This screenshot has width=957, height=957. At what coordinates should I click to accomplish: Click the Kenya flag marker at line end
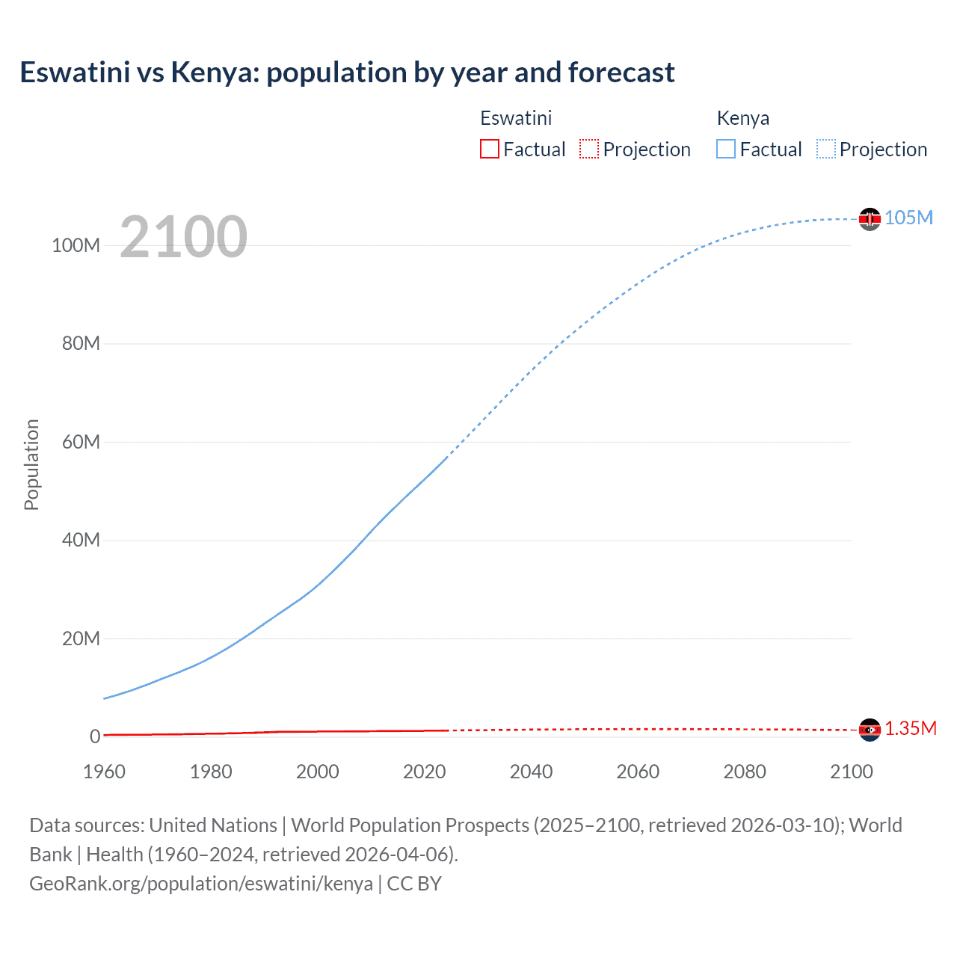click(x=870, y=218)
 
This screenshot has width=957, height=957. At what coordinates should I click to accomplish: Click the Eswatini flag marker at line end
click(x=870, y=730)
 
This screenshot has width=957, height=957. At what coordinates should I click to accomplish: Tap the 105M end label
click(x=908, y=218)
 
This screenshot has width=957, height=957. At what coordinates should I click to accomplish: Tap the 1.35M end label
click(x=911, y=729)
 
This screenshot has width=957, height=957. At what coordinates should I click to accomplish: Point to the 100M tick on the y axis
click(x=76, y=245)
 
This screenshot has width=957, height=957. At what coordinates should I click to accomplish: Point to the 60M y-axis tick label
click(x=81, y=442)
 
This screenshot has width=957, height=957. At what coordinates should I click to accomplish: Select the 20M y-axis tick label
click(x=81, y=638)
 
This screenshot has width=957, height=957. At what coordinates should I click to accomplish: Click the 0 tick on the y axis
click(x=95, y=736)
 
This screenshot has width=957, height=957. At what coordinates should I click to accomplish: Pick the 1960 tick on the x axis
click(x=104, y=772)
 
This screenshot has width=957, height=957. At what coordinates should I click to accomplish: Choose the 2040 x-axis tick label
click(x=531, y=772)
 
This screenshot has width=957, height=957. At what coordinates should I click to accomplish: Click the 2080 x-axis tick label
click(x=745, y=772)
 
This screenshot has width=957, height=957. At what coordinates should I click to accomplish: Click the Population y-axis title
click(x=31, y=465)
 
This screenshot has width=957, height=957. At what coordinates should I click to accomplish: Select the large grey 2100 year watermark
click(x=183, y=237)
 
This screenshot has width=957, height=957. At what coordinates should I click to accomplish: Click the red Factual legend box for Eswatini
click(x=490, y=149)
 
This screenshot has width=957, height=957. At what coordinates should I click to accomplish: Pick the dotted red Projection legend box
click(x=589, y=149)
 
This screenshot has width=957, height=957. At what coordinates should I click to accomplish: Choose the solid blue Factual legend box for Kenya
click(x=726, y=149)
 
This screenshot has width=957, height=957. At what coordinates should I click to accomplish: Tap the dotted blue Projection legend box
click(x=825, y=149)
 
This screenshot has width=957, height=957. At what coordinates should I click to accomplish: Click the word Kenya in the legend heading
click(x=742, y=118)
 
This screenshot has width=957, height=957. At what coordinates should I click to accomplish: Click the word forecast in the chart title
click(x=621, y=73)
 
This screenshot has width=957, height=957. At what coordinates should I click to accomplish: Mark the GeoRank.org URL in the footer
click(x=201, y=884)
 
